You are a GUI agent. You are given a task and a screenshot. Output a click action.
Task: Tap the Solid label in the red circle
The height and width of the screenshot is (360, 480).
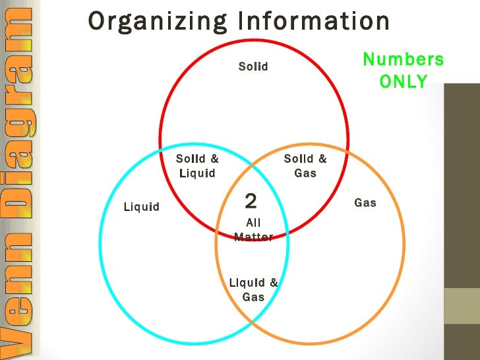(x=253, y=67)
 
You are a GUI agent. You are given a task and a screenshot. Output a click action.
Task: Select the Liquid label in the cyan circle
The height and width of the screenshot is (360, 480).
(x=142, y=207)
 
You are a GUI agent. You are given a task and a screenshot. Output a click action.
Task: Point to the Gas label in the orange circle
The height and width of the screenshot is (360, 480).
(x=365, y=202)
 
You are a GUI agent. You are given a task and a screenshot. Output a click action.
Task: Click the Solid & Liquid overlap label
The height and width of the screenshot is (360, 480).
(x=197, y=165)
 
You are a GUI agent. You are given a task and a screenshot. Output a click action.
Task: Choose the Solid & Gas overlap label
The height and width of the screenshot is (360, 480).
(x=305, y=165)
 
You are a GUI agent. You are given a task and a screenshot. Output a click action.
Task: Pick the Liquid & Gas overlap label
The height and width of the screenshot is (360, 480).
(x=253, y=290)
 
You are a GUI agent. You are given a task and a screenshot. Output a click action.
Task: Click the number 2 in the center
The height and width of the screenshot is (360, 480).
(x=251, y=200)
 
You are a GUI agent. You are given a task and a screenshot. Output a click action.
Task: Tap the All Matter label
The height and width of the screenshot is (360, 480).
(x=253, y=230)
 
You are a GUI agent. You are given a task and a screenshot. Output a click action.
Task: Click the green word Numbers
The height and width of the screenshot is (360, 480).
(x=404, y=60)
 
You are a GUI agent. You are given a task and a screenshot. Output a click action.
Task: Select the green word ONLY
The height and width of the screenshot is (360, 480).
(x=404, y=82)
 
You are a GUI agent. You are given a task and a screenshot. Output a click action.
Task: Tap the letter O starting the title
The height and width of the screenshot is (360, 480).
(x=96, y=21)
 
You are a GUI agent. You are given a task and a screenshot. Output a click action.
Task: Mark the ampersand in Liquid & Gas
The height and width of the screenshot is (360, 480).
(x=274, y=284)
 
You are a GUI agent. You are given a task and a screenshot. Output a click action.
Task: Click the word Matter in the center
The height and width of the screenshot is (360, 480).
(x=253, y=237)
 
